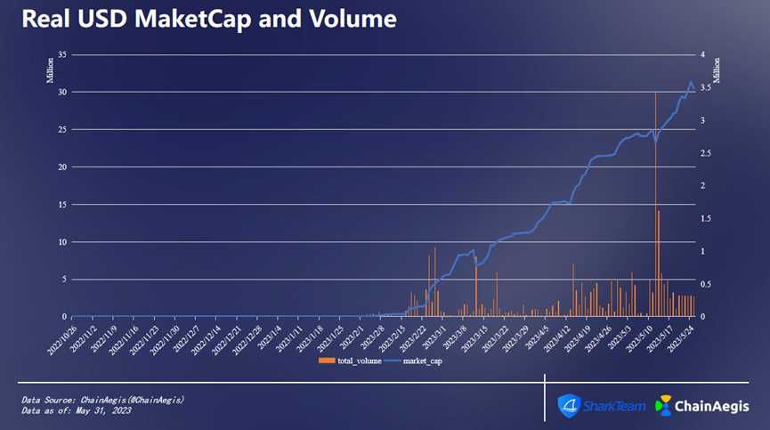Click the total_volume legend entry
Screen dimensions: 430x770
[356, 361]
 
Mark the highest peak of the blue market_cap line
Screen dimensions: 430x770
[691, 83]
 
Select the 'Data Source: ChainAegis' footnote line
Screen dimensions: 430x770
[102, 400]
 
